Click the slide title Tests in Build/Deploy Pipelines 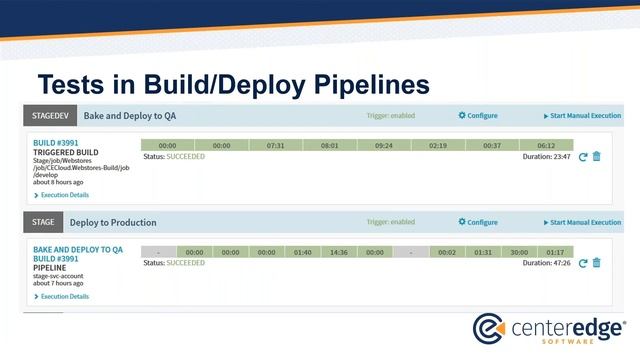(x=233, y=84)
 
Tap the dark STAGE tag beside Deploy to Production (x=43, y=222)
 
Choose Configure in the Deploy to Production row (x=478, y=222)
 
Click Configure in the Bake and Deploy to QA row (x=478, y=115)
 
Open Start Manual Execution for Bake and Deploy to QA (x=583, y=116)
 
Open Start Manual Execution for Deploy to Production (x=583, y=223)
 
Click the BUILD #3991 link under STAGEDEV (x=56, y=143)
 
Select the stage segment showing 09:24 (x=383, y=145)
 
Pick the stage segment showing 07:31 (x=275, y=145)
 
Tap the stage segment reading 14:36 (x=338, y=252)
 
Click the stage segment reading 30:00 (x=519, y=252)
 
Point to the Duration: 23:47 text (x=546, y=156)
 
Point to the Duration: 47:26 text (x=546, y=263)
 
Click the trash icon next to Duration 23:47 (x=597, y=156)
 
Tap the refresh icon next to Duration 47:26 (x=583, y=263)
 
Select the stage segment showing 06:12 (x=545, y=145)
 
